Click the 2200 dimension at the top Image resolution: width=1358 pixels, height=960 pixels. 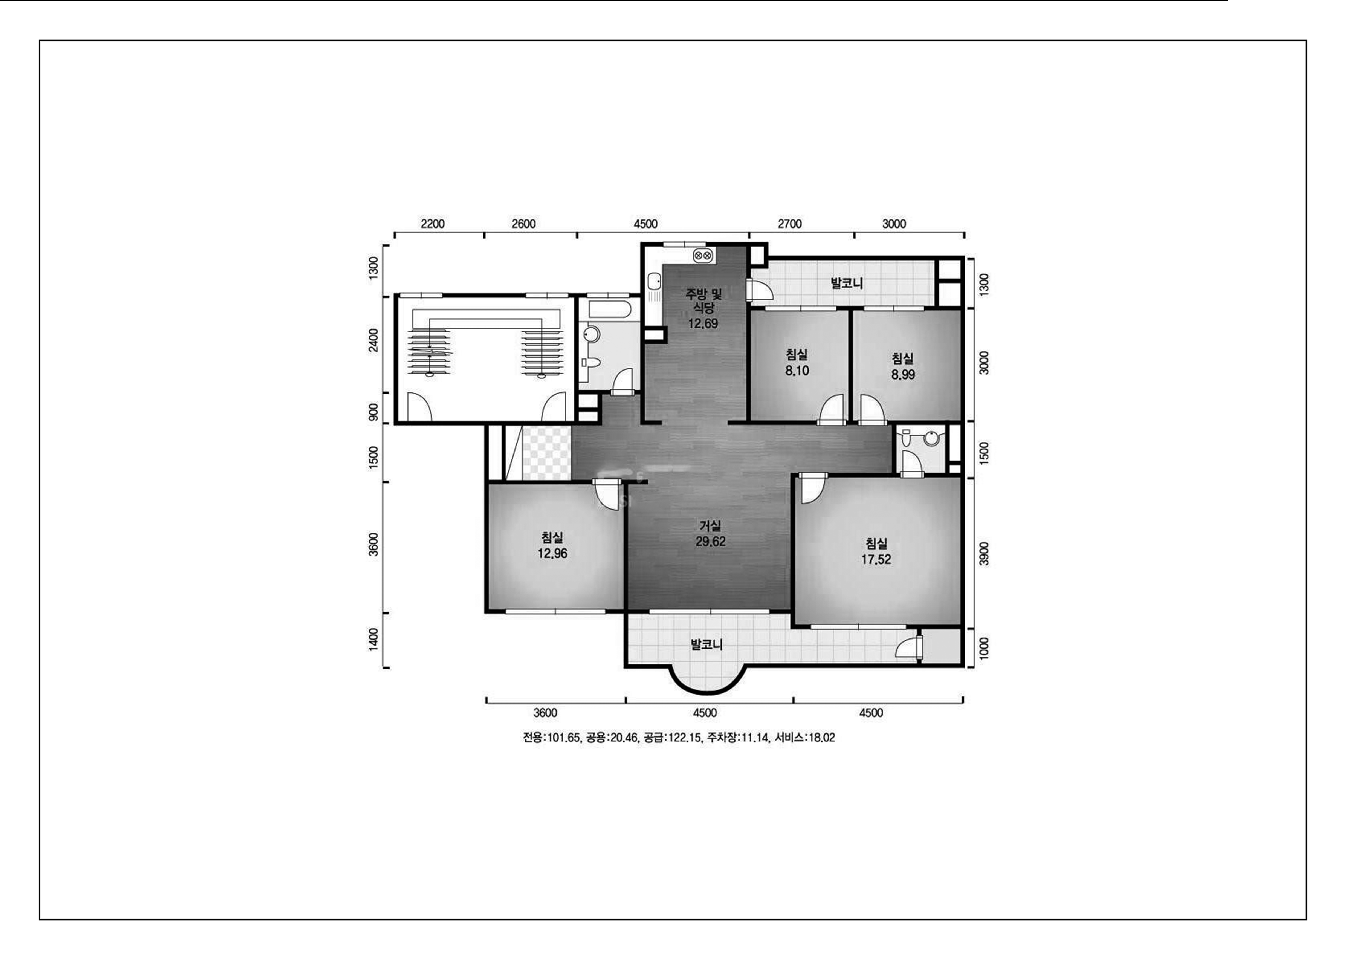tap(432, 224)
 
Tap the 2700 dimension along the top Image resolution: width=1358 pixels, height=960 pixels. tap(790, 224)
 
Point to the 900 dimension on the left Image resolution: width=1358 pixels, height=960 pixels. tap(373, 412)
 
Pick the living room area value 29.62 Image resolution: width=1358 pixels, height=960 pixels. tap(710, 541)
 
